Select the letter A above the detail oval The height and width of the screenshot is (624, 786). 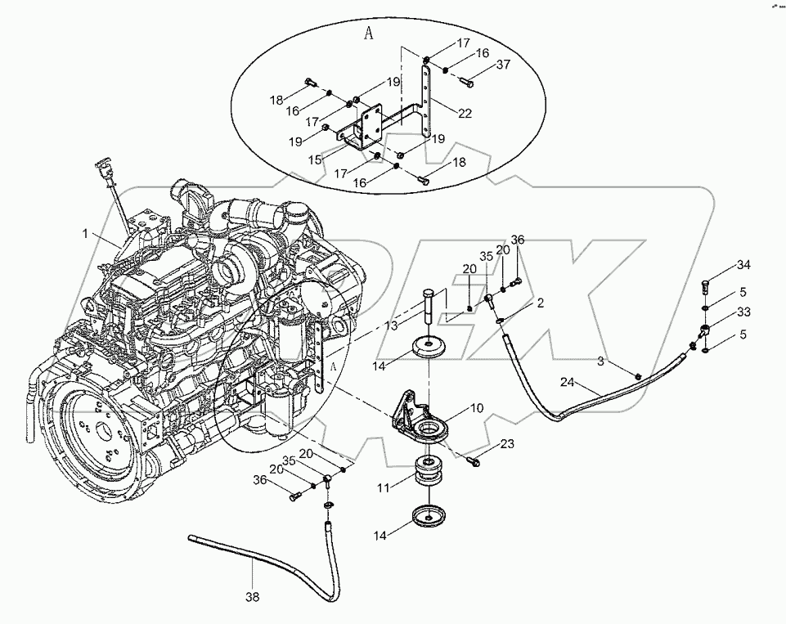pos(368,34)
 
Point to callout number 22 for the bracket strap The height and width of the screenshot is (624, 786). pos(465,114)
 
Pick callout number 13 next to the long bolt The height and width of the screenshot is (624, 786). pos(392,325)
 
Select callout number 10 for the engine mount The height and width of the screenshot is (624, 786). pos(477,407)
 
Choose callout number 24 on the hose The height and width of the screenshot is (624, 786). pos(567,382)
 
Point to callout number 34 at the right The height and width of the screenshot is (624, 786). pos(743,265)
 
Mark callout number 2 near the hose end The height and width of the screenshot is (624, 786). pos(541,303)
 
